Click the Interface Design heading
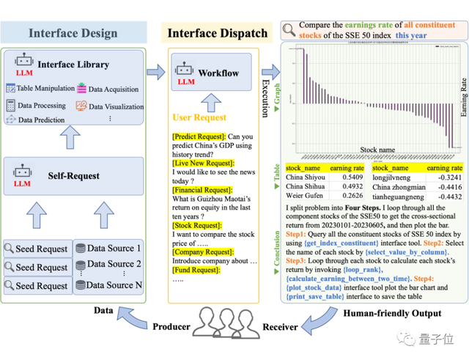[x=73, y=33]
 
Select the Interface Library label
[x=73, y=65]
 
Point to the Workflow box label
[x=218, y=73]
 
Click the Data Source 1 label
[x=113, y=248]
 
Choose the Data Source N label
[x=113, y=284]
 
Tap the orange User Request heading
[x=199, y=117]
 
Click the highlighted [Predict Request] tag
[x=199, y=136]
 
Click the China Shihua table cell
[x=306, y=186]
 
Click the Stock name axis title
[x=377, y=150]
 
